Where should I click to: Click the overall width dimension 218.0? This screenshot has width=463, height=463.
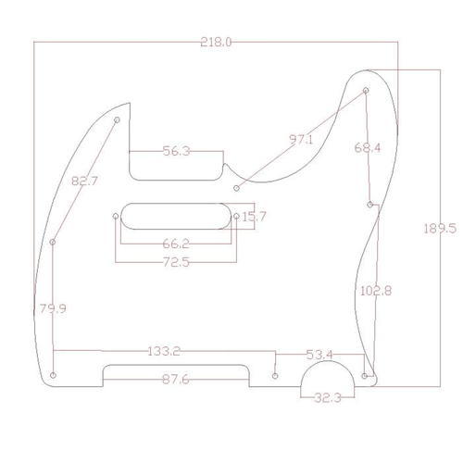[x=215, y=43]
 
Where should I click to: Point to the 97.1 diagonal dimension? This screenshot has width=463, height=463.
[x=301, y=140]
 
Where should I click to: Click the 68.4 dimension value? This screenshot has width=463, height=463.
[x=367, y=147]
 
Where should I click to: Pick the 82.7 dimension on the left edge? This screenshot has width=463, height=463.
[x=84, y=181]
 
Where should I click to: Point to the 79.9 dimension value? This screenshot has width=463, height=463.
[x=52, y=308]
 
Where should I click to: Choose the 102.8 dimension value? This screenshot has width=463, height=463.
[x=374, y=290]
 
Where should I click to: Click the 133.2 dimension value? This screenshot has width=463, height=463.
[x=163, y=352]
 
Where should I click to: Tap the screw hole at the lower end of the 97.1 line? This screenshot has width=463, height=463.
[x=236, y=187]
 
